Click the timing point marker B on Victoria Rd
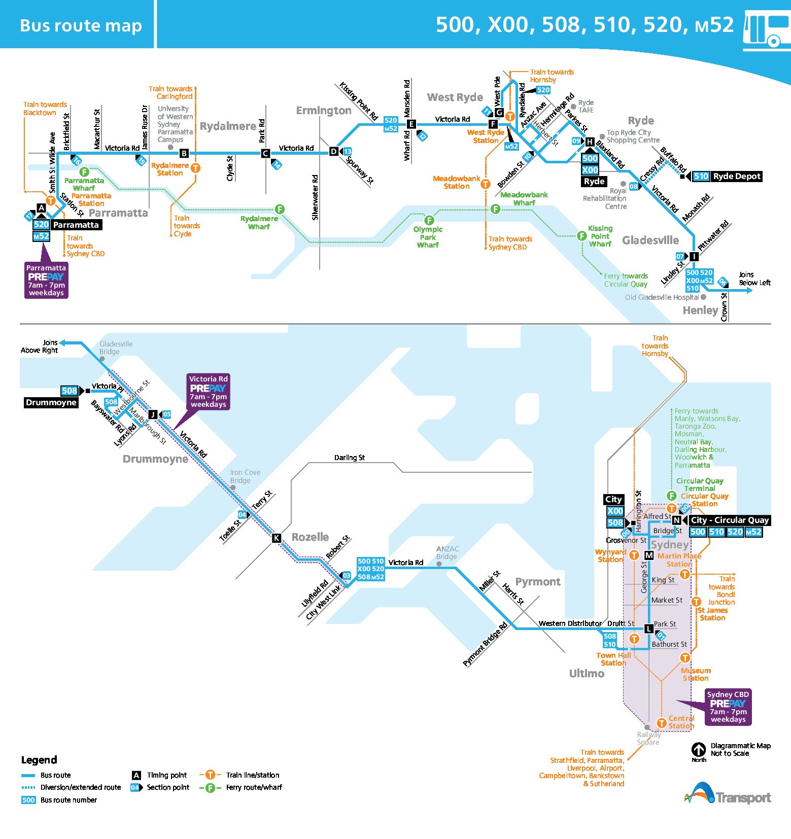(184, 153)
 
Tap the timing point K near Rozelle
(277, 538)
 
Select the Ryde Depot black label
(737, 177)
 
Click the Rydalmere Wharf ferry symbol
(280, 209)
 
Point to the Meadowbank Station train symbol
(486, 184)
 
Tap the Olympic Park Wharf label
(428, 237)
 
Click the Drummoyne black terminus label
(51, 403)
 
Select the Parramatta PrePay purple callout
(46, 280)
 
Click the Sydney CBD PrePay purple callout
(728, 707)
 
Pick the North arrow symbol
(699, 749)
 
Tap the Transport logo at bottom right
(728, 794)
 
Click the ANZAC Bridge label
(447, 553)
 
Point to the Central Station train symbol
(662, 723)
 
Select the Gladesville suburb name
(650, 240)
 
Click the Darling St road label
(350, 458)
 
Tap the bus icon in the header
(766, 30)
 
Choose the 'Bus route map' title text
(81, 25)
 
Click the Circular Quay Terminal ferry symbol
(672, 496)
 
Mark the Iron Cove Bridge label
(245, 476)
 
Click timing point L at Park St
(648, 629)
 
